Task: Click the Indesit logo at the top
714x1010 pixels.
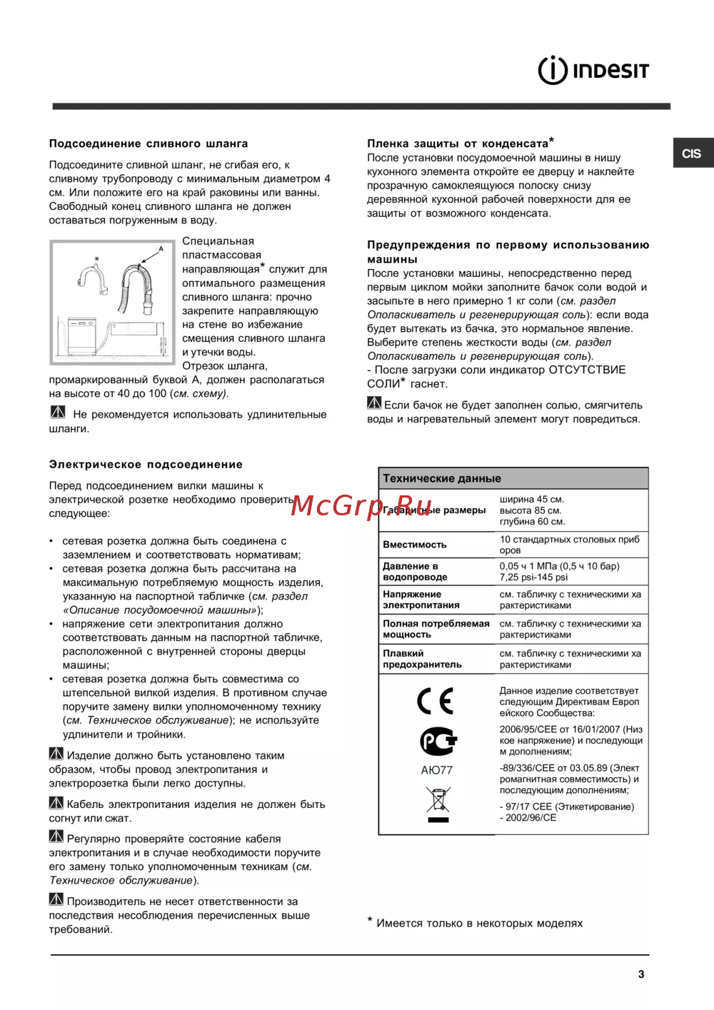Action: coord(593,71)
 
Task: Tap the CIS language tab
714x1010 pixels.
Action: coord(692,153)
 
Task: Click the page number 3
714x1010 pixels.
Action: coord(641,974)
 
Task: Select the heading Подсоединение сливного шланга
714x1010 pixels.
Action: coord(149,143)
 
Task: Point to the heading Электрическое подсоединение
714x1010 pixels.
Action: coord(146,465)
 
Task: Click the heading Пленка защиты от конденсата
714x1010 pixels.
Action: coord(459,143)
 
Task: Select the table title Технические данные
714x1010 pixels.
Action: coord(442,478)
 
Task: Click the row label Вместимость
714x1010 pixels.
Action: coord(415,545)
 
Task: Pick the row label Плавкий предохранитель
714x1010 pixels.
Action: coord(422,659)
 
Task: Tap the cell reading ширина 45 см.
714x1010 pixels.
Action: coord(532,500)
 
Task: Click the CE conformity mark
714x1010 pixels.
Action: coord(436,701)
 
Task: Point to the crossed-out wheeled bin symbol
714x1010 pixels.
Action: coord(438,804)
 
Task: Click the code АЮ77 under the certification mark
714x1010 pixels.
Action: coord(436,770)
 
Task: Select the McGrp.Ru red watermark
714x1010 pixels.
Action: coord(362,505)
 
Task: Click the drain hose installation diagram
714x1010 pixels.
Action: coord(112,303)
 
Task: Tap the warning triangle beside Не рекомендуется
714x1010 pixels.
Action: coord(58,413)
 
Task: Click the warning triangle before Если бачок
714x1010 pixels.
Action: coord(374,403)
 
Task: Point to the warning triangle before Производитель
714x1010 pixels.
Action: coord(56,899)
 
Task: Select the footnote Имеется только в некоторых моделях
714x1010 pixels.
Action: coord(479,924)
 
